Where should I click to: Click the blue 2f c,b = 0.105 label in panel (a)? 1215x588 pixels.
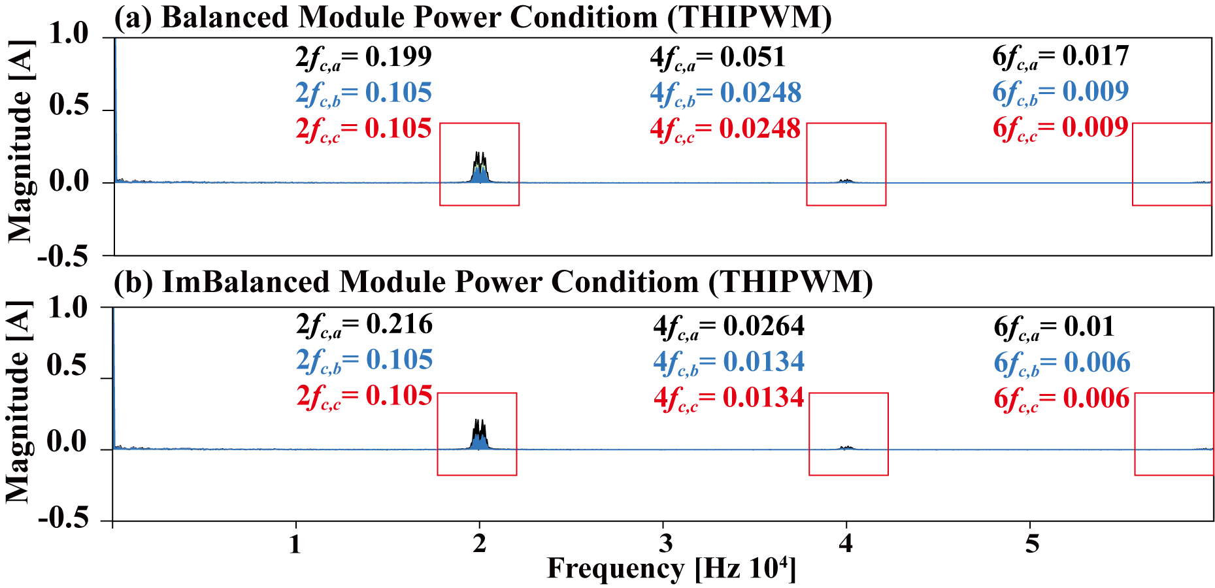point(363,93)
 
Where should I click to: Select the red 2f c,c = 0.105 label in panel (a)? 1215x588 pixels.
point(363,129)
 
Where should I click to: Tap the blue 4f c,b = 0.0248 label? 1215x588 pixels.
point(725,93)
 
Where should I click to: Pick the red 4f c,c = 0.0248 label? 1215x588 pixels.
point(725,129)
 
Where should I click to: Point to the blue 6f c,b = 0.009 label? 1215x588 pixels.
point(1060,92)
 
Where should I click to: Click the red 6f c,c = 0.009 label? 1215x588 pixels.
point(1060,128)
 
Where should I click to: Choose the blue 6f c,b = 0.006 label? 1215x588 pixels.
point(1062,363)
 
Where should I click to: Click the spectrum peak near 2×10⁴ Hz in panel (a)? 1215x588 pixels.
point(480,173)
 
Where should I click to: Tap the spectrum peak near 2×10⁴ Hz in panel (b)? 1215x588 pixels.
point(480,442)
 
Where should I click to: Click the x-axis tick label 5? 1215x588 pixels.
point(1031,543)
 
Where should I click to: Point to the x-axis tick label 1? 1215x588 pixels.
point(295,543)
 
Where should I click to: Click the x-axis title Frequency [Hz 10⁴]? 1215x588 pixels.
point(672,569)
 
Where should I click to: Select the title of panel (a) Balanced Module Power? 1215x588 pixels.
point(473,17)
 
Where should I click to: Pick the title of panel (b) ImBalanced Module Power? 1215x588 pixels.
point(493,282)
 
